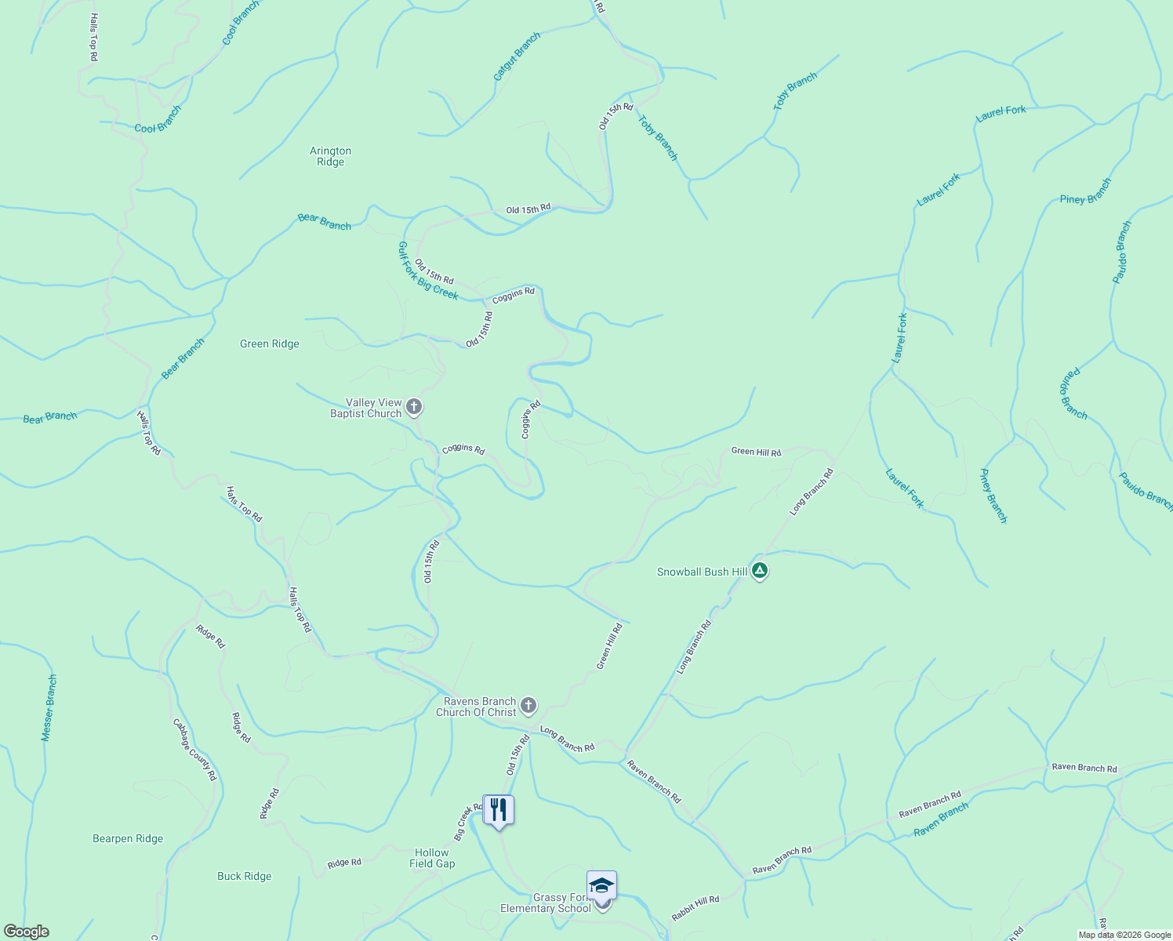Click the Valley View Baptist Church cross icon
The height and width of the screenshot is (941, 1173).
(415, 407)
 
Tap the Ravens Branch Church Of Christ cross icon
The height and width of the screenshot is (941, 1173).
(528, 706)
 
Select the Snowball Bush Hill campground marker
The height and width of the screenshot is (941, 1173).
(759, 571)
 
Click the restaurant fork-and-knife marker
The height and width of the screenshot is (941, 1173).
(499, 809)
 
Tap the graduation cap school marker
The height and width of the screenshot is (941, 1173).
(601, 885)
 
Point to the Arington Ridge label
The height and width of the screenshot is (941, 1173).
(330, 157)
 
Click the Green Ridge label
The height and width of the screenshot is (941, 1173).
(269, 343)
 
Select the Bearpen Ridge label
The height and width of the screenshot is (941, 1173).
(128, 838)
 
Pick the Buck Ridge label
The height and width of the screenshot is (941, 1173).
(244, 876)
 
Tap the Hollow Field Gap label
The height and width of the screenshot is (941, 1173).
(432, 858)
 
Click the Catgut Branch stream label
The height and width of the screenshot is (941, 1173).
(517, 56)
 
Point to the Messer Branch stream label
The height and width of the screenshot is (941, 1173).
(49, 708)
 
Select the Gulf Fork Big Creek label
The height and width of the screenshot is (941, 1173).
(427, 271)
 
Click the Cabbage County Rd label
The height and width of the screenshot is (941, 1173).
(194, 750)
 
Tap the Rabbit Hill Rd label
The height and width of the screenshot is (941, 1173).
(695, 909)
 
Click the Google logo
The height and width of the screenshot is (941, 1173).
(26, 932)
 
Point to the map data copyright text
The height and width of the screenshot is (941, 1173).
(1124, 935)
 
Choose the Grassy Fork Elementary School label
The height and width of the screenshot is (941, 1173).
(547, 903)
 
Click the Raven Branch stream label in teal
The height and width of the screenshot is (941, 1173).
(941, 819)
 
